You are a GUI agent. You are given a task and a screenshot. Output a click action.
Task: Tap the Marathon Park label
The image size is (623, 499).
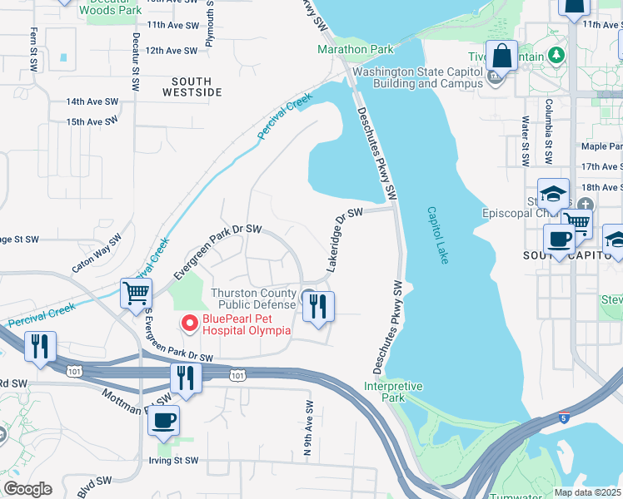click(354, 49)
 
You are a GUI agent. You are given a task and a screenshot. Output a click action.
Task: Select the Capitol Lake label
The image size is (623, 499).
click(438, 235)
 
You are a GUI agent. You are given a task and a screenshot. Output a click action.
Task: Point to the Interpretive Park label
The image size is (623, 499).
click(393, 392)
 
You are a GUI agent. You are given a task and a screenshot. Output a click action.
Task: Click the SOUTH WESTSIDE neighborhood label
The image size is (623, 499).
click(197, 86)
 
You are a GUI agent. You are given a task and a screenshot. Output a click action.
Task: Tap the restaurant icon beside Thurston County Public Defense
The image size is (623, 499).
click(318, 307)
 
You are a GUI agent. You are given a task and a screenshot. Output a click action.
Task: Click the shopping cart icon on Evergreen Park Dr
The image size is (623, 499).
click(136, 293)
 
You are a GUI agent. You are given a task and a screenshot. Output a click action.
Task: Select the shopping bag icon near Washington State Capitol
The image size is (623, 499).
click(502, 57)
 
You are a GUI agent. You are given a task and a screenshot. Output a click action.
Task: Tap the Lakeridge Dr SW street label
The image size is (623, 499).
click(345, 240)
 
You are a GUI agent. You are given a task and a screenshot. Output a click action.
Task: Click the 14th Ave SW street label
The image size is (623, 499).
click(92, 101)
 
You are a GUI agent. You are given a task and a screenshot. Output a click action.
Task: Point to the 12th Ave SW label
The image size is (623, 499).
click(171, 51)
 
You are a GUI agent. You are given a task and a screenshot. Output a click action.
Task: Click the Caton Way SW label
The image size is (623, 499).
click(97, 254)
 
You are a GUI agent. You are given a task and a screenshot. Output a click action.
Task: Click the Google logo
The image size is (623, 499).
click(27, 489)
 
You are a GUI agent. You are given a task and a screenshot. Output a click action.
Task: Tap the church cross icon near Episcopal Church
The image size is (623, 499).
click(586, 204)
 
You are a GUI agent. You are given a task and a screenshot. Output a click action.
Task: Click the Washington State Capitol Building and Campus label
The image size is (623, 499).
click(417, 77)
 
